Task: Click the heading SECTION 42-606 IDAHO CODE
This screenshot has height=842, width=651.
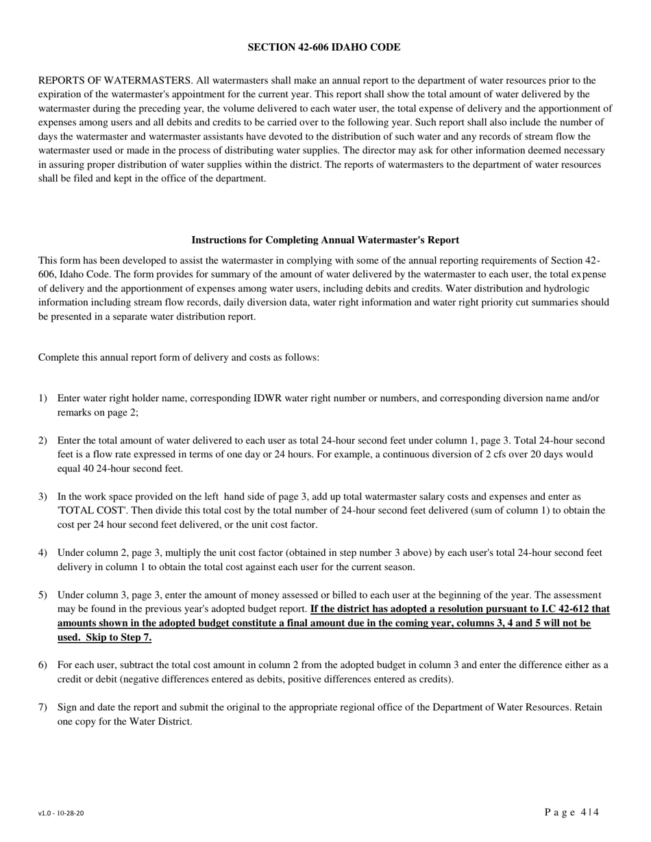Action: pos(324,47)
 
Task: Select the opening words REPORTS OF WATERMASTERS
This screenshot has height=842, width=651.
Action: pos(115,80)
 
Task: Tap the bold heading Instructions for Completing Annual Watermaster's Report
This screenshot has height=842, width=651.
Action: pos(325,240)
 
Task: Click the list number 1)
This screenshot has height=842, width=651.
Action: pos(43,398)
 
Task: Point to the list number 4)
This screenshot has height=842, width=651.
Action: pos(43,552)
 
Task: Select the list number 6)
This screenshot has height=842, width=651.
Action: pos(43,665)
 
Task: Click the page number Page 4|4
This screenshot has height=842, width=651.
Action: pos(572,813)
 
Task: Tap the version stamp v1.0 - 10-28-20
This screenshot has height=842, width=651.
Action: pos(62,814)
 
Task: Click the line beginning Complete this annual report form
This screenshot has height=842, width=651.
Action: pos(178,357)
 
